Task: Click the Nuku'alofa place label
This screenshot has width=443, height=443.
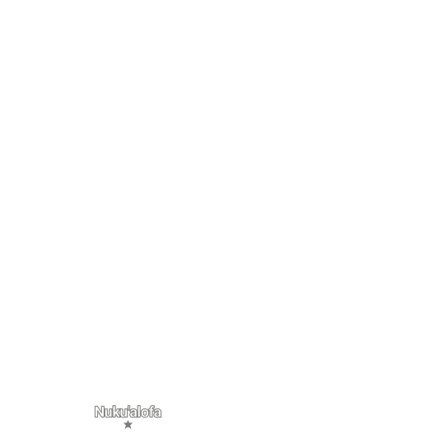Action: (x=128, y=412)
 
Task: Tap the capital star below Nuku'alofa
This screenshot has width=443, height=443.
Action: (x=128, y=425)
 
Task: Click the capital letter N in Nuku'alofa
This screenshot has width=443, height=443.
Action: (x=100, y=412)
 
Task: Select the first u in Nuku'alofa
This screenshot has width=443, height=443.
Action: (x=109, y=413)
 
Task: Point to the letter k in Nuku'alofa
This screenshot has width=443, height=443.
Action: (x=117, y=412)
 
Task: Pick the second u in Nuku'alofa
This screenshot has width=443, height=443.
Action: (x=124, y=413)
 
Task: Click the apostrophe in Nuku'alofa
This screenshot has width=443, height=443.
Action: (x=129, y=408)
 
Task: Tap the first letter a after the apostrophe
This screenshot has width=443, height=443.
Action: (x=133, y=413)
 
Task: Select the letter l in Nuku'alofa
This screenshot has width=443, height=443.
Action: (x=139, y=412)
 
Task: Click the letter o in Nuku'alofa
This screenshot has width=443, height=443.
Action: (x=145, y=413)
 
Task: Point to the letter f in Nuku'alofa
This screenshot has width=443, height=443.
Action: (x=152, y=412)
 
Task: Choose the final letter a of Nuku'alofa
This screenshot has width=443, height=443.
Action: (x=158, y=413)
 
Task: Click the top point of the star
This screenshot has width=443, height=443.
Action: (x=128, y=421)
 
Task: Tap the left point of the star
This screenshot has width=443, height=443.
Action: (x=124, y=423)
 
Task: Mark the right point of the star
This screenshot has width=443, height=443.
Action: (x=133, y=423)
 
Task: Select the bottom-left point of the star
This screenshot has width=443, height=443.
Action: (x=125, y=429)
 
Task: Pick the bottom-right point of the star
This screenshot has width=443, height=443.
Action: (x=131, y=429)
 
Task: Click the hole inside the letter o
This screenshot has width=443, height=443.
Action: (x=145, y=413)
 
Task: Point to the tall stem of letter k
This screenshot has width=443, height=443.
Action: (x=115, y=412)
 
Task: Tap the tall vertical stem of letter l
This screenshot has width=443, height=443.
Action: (x=139, y=412)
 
